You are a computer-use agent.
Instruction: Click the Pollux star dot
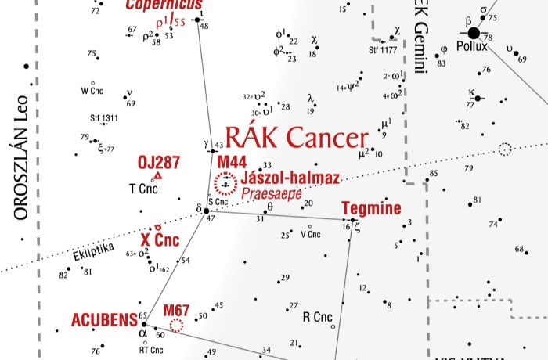click(474, 33)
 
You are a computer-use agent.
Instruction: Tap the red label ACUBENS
click(103, 320)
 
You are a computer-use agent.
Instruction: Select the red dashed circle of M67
click(177, 324)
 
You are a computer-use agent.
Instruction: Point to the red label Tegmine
click(371, 208)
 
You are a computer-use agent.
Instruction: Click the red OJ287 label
click(159, 163)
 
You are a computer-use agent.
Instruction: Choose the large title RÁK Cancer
click(296, 138)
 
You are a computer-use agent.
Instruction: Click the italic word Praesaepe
click(272, 193)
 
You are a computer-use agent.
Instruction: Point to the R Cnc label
click(317, 317)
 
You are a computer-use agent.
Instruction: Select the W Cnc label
click(92, 90)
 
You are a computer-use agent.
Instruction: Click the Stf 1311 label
click(103, 119)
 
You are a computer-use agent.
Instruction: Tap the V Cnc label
click(311, 234)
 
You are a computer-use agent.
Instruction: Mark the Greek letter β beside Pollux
click(468, 20)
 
